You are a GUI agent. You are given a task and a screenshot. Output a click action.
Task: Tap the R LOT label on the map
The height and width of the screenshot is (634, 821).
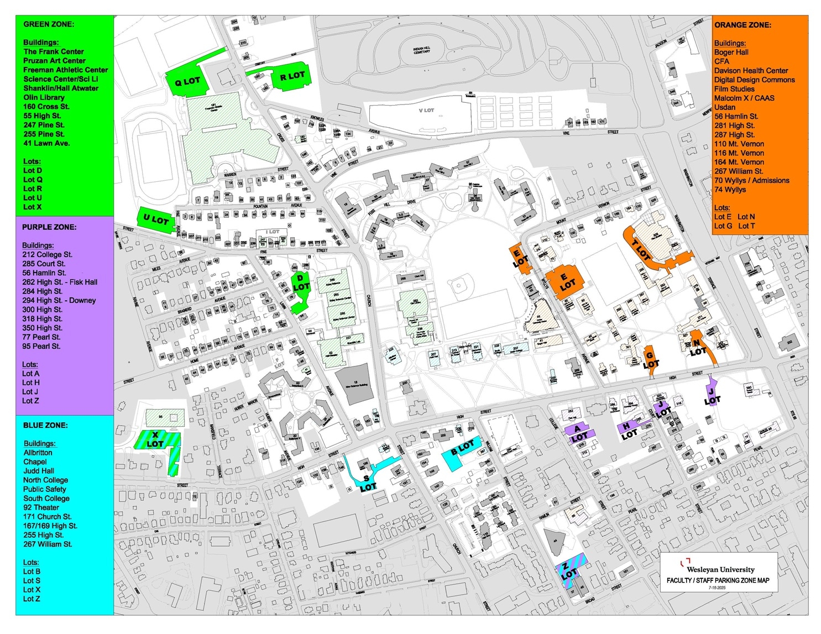(x=292, y=76)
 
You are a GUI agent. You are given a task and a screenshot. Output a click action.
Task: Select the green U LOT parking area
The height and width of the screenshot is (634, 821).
(x=156, y=220)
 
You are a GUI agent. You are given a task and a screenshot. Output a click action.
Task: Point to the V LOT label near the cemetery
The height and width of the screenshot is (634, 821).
(x=426, y=111)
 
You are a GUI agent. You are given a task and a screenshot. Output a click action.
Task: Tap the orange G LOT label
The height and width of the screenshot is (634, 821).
(x=651, y=360)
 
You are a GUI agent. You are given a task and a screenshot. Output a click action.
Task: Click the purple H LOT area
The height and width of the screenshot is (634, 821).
(x=629, y=429)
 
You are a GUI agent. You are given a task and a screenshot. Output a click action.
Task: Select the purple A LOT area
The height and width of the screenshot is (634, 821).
(x=579, y=433)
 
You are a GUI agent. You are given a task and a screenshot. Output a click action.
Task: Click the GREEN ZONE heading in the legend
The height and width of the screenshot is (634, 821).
(x=49, y=24)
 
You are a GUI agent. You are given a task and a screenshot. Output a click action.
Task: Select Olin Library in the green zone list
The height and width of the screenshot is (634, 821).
(x=44, y=97)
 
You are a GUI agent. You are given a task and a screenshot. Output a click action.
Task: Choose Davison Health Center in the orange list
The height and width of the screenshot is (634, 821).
(x=751, y=71)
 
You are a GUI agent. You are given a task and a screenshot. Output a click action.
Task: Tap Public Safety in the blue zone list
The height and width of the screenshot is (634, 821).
(x=44, y=489)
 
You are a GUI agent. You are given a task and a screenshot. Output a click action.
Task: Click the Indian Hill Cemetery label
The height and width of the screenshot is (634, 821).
(x=421, y=51)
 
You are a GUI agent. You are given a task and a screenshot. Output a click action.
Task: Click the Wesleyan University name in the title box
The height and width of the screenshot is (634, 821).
(x=720, y=569)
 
